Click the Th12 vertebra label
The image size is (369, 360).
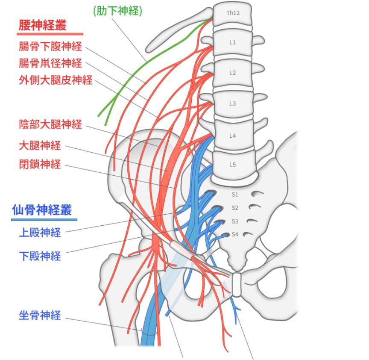pyautogui.click(x=233, y=13)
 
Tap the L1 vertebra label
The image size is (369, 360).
pyautogui.click(x=232, y=42)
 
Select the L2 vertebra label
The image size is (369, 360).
pyautogui.click(x=232, y=73)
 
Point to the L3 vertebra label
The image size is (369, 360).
pyautogui.click(x=232, y=104)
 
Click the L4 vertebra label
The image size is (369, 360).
pyautogui.click(x=232, y=136)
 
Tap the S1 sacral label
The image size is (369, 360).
pyautogui.click(x=234, y=194)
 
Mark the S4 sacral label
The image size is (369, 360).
pyautogui.click(x=234, y=234)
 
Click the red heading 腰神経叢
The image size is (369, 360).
pyautogui.click(x=42, y=25)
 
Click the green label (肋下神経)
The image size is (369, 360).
pyautogui.click(x=117, y=11)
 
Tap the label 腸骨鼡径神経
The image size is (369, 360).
pyautogui.click(x=50, y=63)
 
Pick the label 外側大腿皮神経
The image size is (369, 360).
pyautogui.click(x=56, y=80)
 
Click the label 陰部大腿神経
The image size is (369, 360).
pyautogui.click(x=50, y=125)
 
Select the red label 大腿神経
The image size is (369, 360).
pyautogui.click(x=40, y=146)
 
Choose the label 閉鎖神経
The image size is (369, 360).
pyautogui.click(x=40, y=164)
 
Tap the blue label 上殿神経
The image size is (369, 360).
pyautogui.click(x=40, y=233)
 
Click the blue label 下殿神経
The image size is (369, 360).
pyautogui.click(x=40, y=256)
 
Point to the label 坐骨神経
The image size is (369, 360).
pyautogui.click(x=40, y=316)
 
